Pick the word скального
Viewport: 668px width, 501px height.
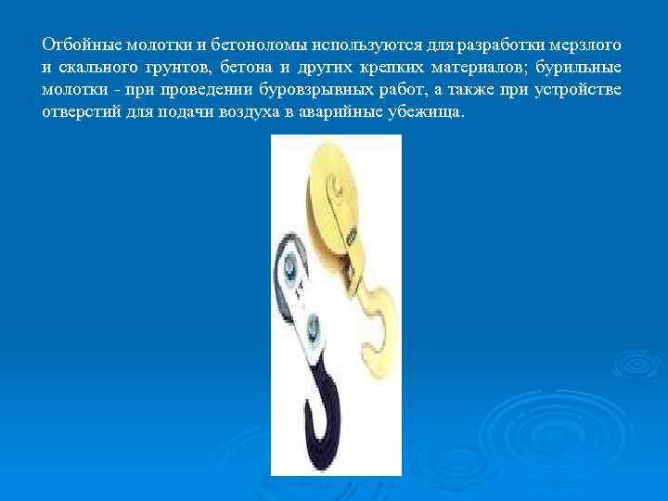click(98, 68)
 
